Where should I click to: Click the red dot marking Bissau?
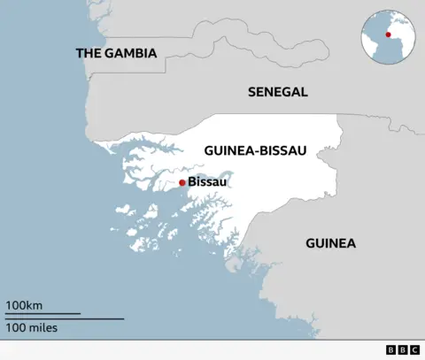tap(182, 182)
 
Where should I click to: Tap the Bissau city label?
tap(208, 182)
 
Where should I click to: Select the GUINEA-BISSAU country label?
tap(255, 150)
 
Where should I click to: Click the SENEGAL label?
tap(277, 91)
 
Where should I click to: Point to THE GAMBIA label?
tap(116, 53)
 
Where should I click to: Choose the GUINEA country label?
tap(330, 242)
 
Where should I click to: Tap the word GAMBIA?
tap(130, 53)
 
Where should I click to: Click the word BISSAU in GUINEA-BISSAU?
tap(282, 150)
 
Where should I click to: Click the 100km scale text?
tap(23, 305)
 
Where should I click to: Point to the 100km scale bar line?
tap(43, 313)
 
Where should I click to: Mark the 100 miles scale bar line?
tap(65, 318)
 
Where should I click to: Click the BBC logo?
tap(402, 350)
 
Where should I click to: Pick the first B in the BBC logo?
tap(391, 350)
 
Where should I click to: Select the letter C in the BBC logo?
tap(413, 350)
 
